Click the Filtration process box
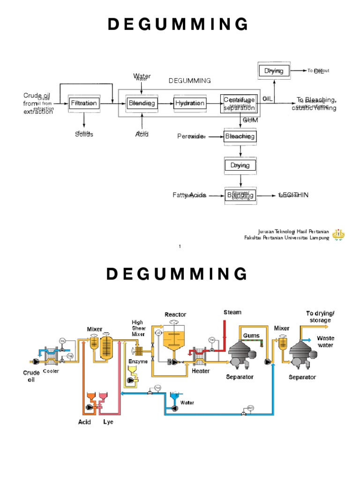pyautogui.click(x=84, y=103)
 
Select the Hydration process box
pyautogui.click(x=190, y=103)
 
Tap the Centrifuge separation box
pyautogui.click(x=239, y=104)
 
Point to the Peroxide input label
pyautogui.click(x=191, y=136)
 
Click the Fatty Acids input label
pyautogui.click(x=189, y=195)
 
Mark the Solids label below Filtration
pyautogui.click(x=84, y=134)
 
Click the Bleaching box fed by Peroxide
pyautogui.click(x=240, y=136)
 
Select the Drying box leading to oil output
pyautogui.click(x=274, y=71)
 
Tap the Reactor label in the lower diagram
pyautogui.click(x=175, y=314)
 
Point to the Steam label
pyautogui.click(x=232, y=312)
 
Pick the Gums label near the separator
pyautogui.click(x=251, y=336)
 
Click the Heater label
pyautogui.click(x=201, y=371)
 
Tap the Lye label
pyautogui.click(x=108, y=422)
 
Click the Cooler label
pyautogui.click(x=51, y=371)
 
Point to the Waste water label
pyautogui.click(x=326, y=341)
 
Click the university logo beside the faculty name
pyautogui.click(x=339, y=234)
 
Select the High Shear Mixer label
pyautogui.click(x=138, y=328)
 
